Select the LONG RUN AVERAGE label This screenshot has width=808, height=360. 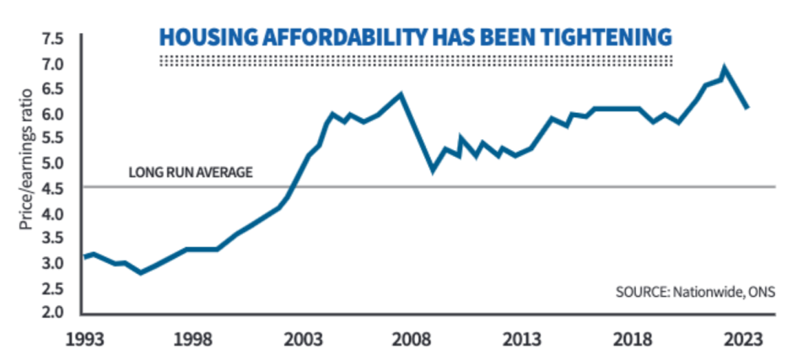coord(191,172)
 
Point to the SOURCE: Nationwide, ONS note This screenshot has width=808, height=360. coord(694,293)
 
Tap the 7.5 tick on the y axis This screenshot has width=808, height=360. coord(53,39)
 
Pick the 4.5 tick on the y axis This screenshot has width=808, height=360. coord(53,188)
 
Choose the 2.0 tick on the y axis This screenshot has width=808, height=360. coord(53,312)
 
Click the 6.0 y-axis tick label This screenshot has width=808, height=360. coord(53,114)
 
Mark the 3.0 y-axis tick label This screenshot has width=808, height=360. coord(53,263)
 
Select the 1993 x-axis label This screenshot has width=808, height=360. coord(85,340)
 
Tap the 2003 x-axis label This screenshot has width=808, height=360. coord(304,340)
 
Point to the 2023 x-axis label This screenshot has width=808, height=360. coord(745,340)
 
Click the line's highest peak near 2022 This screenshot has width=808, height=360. coord(724,68)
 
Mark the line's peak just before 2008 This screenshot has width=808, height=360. coord(401,94)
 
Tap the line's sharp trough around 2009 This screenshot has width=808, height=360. coord(433,170)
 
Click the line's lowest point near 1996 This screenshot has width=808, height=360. coord(141,272)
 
